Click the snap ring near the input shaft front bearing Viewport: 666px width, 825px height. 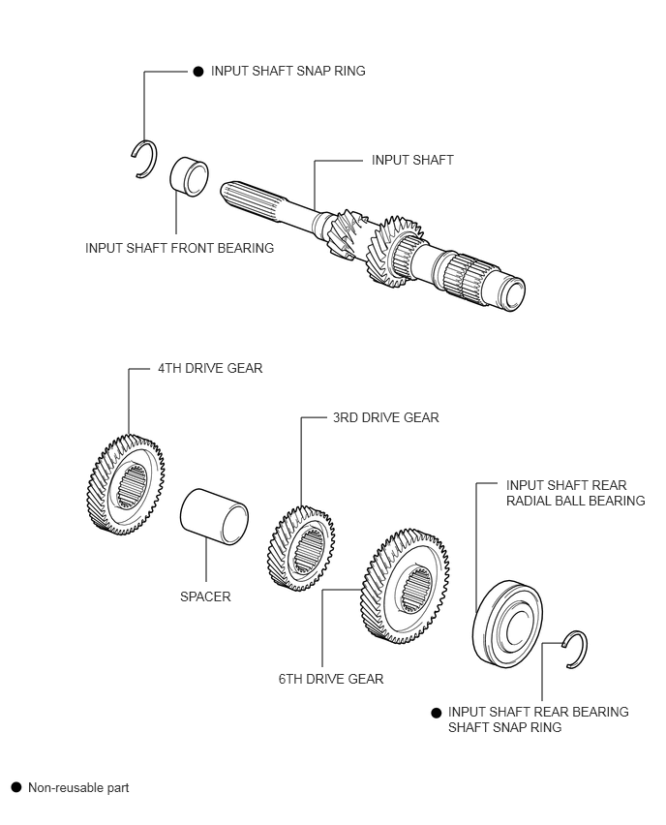tap(143, 160)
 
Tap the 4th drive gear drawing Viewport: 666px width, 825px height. tap(125, 484)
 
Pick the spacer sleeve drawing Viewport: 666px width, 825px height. tap(214, 517)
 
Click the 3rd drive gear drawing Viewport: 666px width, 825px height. tap(301, 548)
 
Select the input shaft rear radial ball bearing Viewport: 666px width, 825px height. tap(507, 624)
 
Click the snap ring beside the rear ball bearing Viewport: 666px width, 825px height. tap(575, 650)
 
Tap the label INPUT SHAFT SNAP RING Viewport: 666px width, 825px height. tap(288, 71)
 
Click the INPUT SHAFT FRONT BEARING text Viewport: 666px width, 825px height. tap(179, 248)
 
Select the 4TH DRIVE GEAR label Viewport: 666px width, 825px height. tap(210, 368)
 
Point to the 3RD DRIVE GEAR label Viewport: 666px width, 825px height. tap(385, 417)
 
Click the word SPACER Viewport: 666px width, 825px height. tap(205, 596)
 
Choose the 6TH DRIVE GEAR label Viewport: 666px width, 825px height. tap(331, 679)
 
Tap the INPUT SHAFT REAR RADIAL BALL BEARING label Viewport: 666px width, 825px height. tap(576, 493)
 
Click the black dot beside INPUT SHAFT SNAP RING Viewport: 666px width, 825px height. tap(198, 72)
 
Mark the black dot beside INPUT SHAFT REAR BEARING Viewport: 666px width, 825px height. tap(437, 713)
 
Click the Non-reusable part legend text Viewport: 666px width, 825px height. tap(78, 787)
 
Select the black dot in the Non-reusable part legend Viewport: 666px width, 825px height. tap(16, 787)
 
